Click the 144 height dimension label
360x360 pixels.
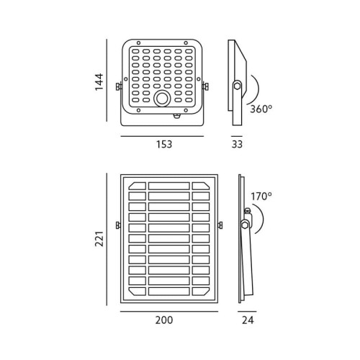coord(99,82)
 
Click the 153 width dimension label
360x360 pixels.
coord(164,145)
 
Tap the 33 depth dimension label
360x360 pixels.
coord(237,144)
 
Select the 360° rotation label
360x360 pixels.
coord(261,109)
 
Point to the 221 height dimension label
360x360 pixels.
coord(99,239)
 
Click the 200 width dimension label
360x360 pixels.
coord(164,320)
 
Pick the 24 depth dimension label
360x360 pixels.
coord(248,320)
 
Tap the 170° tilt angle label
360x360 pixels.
coord(261,197)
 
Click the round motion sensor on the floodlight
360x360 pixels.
coord(162,99)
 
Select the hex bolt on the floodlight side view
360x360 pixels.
coord(237,86)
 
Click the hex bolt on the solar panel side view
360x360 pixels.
coord(245,225)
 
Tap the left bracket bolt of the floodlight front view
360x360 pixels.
coord(118,86)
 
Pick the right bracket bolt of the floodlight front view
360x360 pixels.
coord(206,86)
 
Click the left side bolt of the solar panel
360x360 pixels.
coord(118,225)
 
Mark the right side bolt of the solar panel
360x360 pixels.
coord(220,225)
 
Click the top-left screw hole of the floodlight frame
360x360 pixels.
coord(138,43)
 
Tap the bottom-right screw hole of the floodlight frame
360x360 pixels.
coord(186,110)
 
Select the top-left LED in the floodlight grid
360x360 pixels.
coord(135,51)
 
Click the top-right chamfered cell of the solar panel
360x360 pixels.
coord(201,186)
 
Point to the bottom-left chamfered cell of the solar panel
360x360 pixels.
coord(138,291)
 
